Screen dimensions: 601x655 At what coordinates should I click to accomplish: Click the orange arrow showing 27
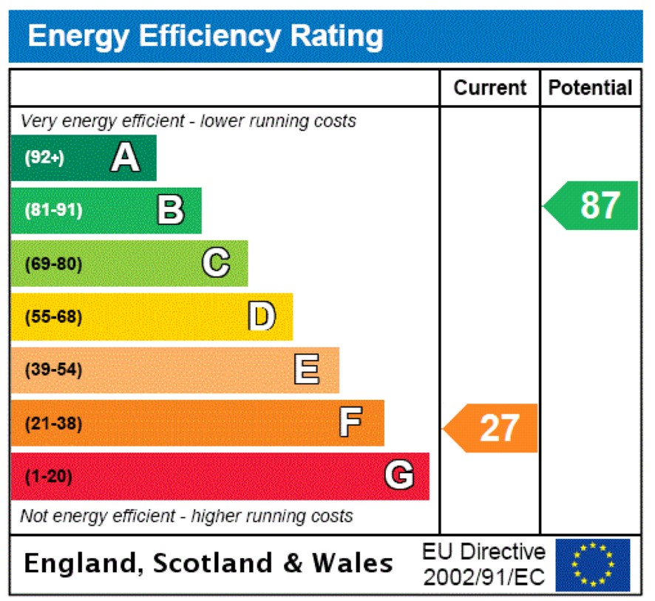pos(492,428)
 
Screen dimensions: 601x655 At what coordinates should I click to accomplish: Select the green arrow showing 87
pos(593,206)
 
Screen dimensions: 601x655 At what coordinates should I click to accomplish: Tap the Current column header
pos(489,88)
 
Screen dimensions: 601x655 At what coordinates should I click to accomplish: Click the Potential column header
pos(590,88)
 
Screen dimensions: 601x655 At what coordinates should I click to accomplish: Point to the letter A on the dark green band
pos(125,157)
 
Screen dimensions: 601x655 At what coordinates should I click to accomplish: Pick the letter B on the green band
pos(170,210)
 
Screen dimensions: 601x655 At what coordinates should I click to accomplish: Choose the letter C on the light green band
pos(216,263)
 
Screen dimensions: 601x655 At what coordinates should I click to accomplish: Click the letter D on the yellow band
pos(262,316)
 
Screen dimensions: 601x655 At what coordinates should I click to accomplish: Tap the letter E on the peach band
pos(307,370)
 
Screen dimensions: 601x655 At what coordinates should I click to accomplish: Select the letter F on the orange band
pos(350,423)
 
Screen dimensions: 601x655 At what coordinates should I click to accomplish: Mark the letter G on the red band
pos(398,476)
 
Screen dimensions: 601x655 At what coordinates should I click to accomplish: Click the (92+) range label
pos(44,157)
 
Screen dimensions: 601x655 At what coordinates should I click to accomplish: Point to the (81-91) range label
pos(53,211)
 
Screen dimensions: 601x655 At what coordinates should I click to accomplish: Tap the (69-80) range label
pos(53,264)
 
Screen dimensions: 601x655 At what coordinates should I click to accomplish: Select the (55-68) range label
pos(53,317)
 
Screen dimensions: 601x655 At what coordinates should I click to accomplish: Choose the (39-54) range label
pos(53,370)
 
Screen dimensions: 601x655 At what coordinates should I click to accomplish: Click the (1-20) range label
pos(49,477)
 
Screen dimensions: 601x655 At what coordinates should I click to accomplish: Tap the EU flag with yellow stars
pos(592,565)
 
